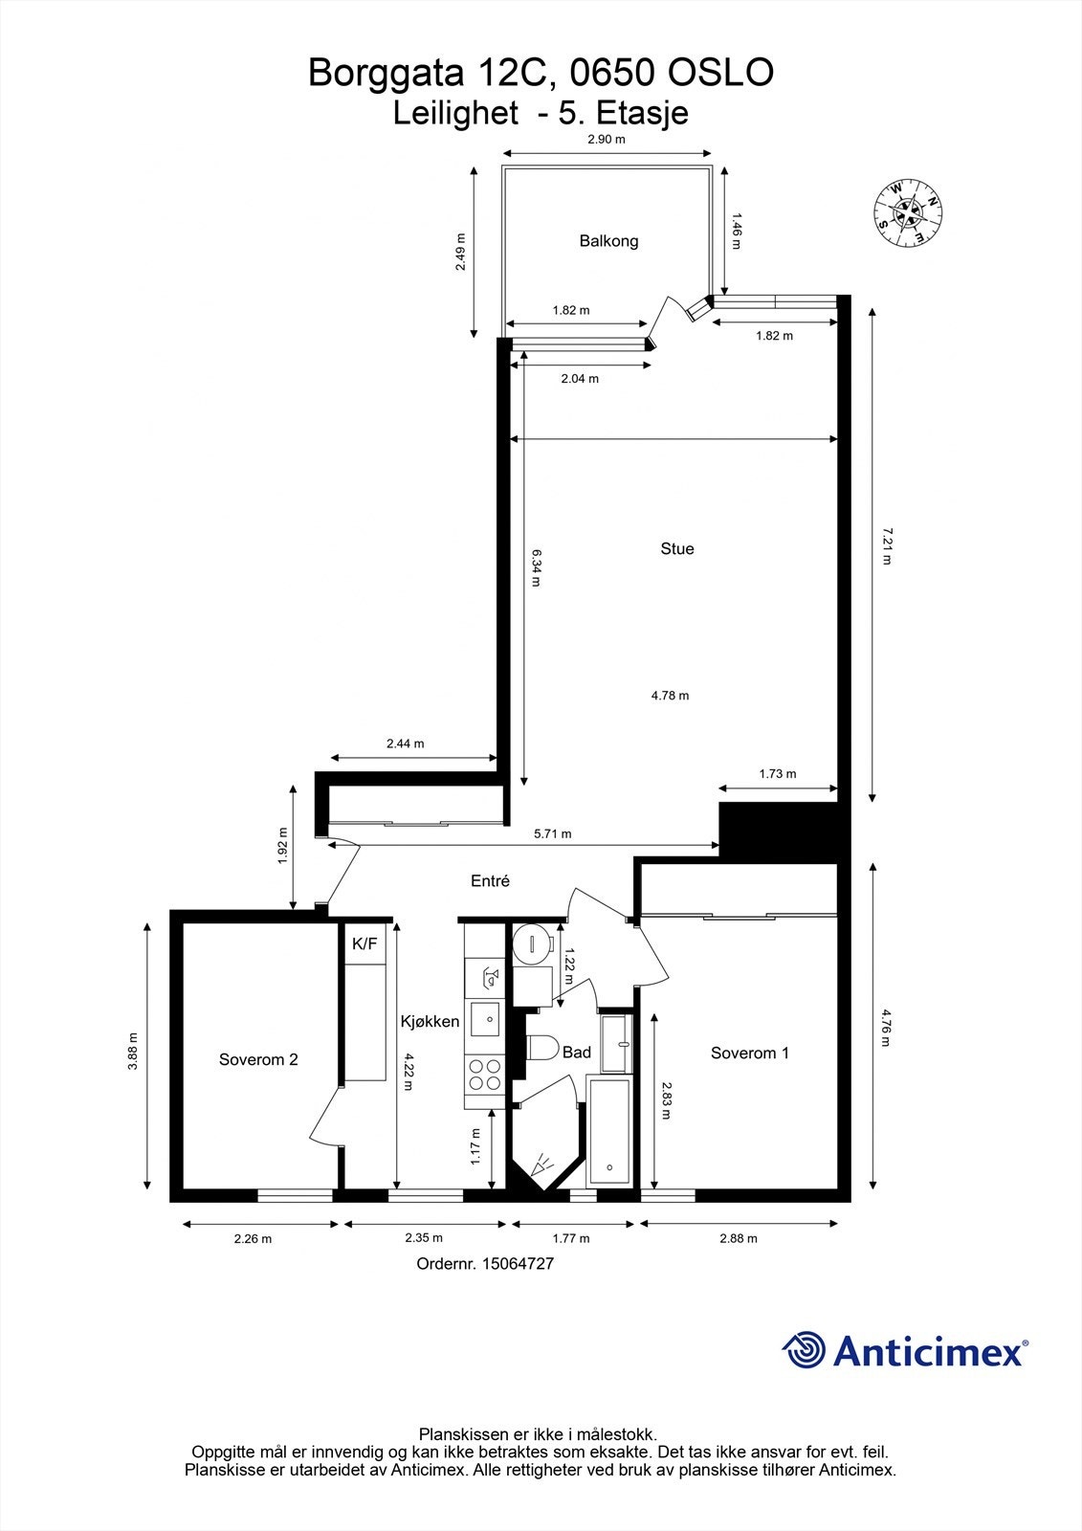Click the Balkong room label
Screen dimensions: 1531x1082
(608, 241)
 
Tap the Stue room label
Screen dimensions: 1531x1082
(676, 549)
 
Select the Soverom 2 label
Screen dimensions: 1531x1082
(258, 1059)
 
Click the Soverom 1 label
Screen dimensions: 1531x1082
(749, 1054)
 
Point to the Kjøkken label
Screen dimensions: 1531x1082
(430, 1022)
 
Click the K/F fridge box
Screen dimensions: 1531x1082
(364, 944)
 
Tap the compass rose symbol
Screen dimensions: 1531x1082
(908, 212)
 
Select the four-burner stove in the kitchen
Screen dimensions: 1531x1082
(484, 1075)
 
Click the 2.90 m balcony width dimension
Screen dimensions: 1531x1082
(606, 140)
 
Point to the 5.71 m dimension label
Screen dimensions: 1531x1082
(552, 833)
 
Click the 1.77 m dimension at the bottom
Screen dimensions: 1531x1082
(571, 1238)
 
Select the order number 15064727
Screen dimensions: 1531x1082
(485, 1263)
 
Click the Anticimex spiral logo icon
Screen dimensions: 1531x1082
(804, 1350)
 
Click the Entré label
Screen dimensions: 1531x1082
(490, 881)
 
